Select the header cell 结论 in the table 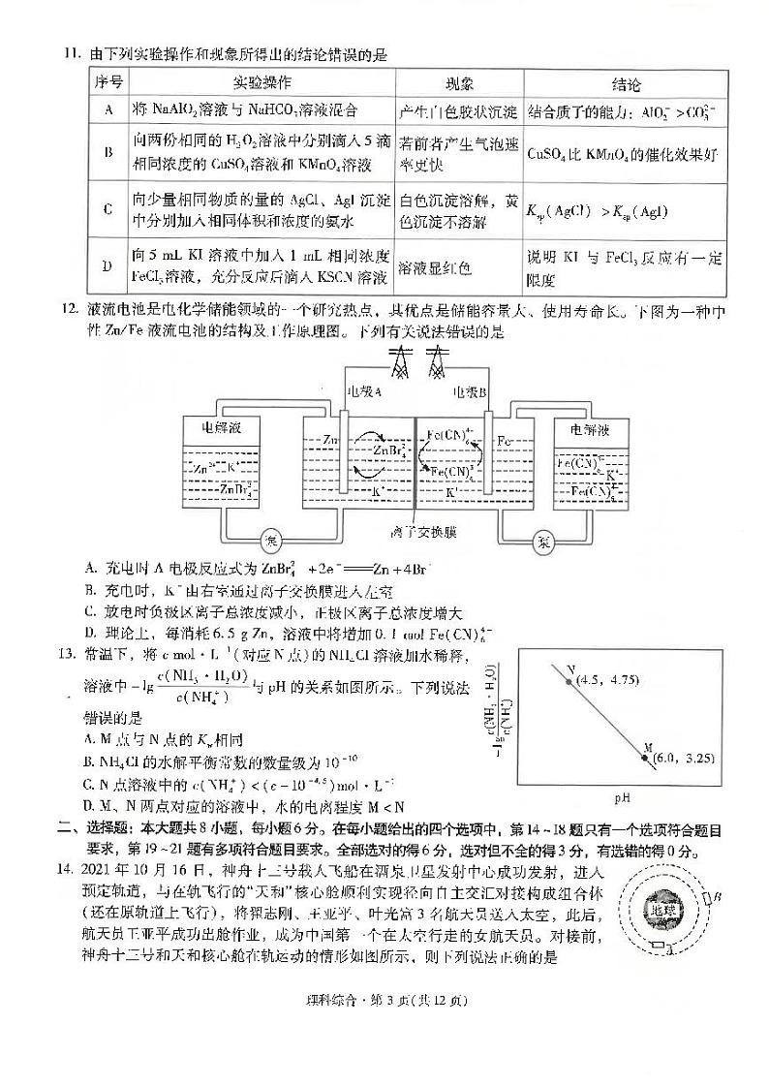(626, 84)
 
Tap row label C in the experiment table (108, 208)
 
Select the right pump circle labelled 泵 (540, 540)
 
